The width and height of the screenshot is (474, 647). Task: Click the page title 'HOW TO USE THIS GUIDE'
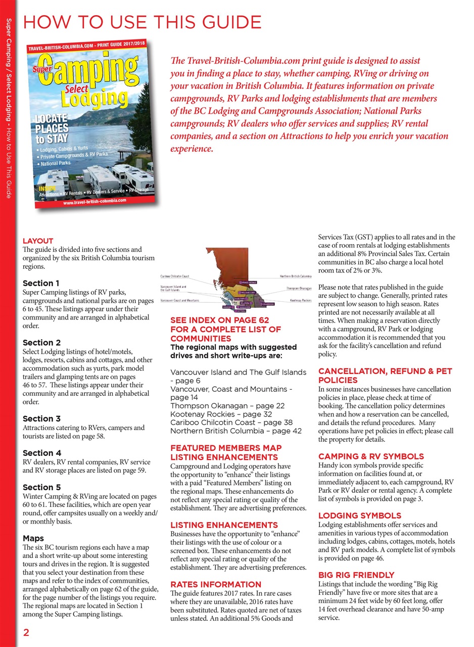click(x=142, y=22)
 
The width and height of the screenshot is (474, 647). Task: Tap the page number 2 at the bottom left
click(x=26, y=633)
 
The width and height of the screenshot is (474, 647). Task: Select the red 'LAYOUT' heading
click(x=38, y=241)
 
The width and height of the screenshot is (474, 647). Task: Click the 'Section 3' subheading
click(x=41, y=419)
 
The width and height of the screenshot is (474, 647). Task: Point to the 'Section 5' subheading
click(x=41, y=487)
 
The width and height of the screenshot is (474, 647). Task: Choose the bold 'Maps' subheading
click(x=33, y=538)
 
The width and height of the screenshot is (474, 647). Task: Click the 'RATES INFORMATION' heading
click(x=216, y=584)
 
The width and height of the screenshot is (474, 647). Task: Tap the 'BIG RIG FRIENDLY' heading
click(x=356, y=575)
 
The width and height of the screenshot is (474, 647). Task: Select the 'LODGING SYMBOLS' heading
click(x=359, y=516)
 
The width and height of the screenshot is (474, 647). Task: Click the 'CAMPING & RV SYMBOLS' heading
click(x=371, y=456)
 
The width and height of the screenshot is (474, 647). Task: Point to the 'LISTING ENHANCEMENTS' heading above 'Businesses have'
click(x=224, y=525)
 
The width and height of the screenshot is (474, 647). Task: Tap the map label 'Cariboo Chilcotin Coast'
click(x=175, y=276)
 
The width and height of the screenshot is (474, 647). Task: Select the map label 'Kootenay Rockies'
click(x=300, y=301)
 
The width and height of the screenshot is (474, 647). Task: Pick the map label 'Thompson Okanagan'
click(x=298, y=289)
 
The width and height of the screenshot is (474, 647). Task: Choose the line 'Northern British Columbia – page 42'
click(x=236, y=431)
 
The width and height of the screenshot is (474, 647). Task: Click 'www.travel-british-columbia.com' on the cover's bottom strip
click(x=94, y=201)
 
